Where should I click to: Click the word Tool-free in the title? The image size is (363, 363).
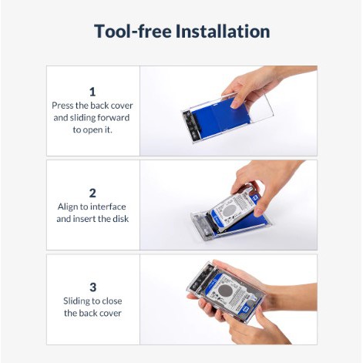133,32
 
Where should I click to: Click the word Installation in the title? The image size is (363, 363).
223,32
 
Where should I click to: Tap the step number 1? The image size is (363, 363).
92,92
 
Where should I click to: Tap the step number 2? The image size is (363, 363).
92,193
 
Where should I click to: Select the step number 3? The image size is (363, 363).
92,287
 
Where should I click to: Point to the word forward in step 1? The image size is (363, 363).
113,118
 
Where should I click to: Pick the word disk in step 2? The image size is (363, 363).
120,219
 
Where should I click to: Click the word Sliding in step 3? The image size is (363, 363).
76,301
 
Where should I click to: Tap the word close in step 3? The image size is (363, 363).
112,301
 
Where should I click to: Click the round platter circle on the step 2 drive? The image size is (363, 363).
228,211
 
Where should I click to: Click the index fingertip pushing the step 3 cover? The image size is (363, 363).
227,317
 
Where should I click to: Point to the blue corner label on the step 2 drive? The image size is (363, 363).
256,199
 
